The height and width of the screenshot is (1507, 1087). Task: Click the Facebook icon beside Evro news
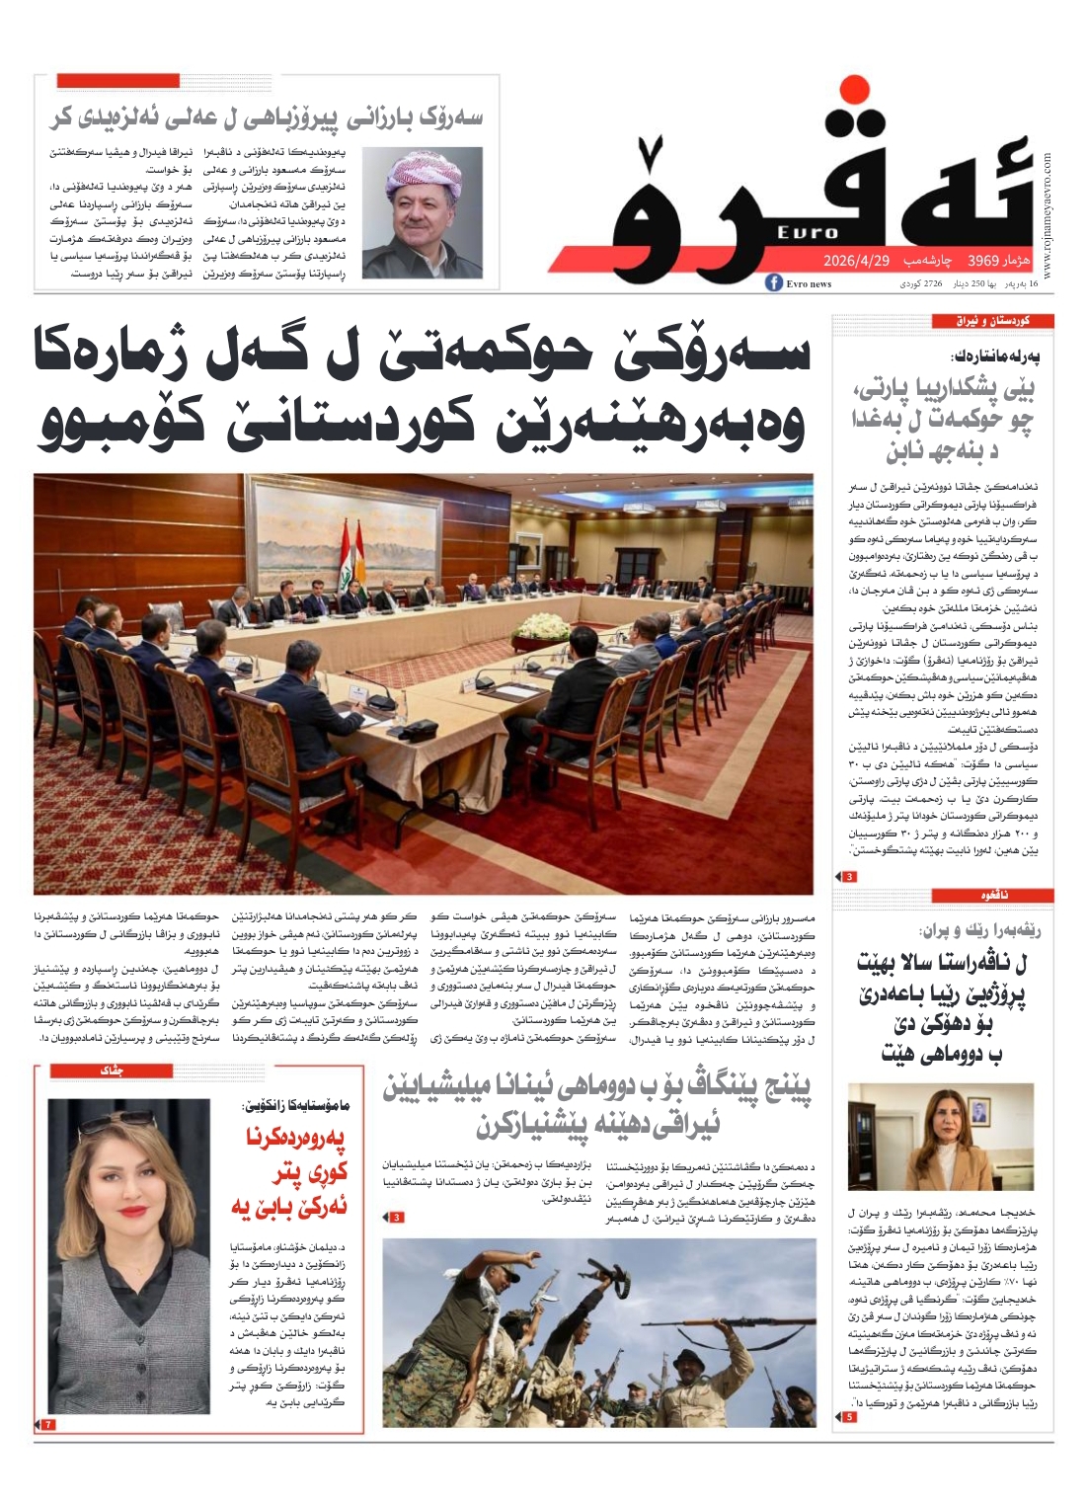pyautogui.click(x=775, y=283)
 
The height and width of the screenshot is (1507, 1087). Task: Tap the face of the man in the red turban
pyautogui.click(x=427, y=208)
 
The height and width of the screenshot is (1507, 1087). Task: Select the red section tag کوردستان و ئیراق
pyautogui.click(x=992, y=321)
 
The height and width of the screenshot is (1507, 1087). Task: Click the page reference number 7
pyautogui.click(x=47, y=1424)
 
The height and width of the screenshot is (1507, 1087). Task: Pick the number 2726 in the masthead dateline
pyautogui.click(x=932, y=284)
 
